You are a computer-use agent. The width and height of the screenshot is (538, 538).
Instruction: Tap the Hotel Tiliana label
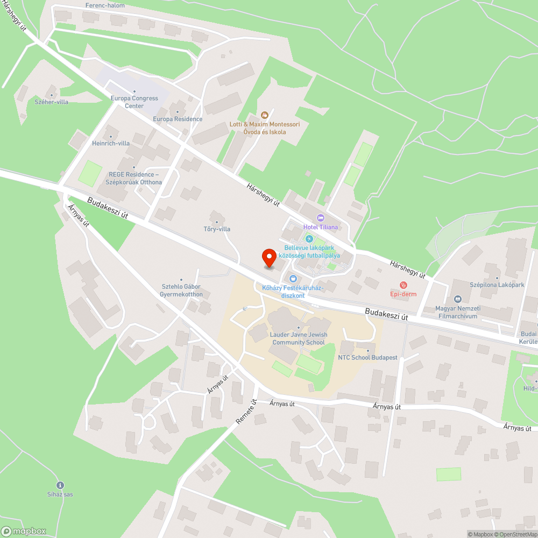tap(321, 226)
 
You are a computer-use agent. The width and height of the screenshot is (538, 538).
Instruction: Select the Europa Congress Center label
tap(134, 102)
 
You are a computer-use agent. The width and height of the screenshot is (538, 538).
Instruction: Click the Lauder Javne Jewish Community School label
tap(299, 338)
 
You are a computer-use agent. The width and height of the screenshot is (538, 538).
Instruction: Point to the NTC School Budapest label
tap(367, 357)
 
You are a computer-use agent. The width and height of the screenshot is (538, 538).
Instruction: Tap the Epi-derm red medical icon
tap(403, 285)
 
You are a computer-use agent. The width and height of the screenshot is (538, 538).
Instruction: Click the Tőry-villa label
tap(217, 229)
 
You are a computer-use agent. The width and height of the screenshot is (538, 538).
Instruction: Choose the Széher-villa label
tap(52, 102)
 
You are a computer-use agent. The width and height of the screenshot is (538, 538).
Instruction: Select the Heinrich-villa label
tap(111, 143)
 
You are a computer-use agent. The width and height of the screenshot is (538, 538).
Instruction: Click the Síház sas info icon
tap(60, 485)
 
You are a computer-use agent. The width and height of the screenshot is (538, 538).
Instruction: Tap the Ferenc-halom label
tap(105, 5)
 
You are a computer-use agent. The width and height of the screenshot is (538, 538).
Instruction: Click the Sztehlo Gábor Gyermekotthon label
tap(181, 291)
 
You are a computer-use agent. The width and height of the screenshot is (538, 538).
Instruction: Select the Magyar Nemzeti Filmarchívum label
tap(457, 313)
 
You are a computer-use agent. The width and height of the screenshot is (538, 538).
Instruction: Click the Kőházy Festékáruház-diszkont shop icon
tap(293, 279)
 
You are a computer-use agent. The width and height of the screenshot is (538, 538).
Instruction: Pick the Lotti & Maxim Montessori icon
tap(264, 115)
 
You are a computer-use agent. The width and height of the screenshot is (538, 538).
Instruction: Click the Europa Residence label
tap(178, 119)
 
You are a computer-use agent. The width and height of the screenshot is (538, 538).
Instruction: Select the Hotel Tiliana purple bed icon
tap(321, 218)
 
